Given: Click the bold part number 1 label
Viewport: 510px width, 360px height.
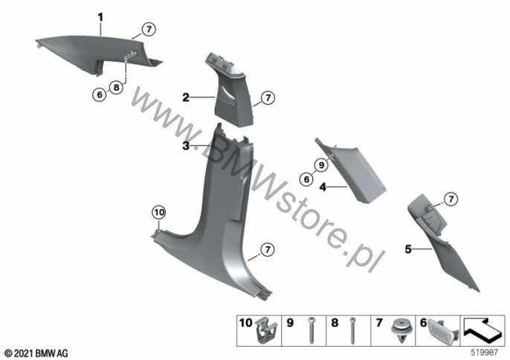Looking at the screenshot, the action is (x=100, y=17).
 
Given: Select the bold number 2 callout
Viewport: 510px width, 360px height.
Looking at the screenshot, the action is (x=186, y=97).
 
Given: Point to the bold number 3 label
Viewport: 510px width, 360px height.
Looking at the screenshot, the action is (x=186, y=146).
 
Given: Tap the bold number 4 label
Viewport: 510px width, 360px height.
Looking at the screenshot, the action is (x=323, y=187).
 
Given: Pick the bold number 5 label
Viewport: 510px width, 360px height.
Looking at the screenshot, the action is (x=408, y=249).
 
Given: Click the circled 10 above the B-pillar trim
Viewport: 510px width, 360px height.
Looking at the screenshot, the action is (x=159, y=213).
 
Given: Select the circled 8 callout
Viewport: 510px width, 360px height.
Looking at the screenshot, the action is (x=116, y=87).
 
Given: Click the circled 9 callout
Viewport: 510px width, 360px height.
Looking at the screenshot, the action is (x=321, y=165).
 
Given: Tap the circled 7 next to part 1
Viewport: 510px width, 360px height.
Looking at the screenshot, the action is (x=149, y=29).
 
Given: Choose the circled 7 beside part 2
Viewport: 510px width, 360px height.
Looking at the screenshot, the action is (x=268, y=97).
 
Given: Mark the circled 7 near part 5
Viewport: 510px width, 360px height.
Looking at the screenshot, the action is (x=451, y=199).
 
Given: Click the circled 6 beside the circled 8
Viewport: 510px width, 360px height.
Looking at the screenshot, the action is (x=99, y=94).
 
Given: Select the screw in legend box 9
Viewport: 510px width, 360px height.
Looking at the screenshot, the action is (x=311, y=330).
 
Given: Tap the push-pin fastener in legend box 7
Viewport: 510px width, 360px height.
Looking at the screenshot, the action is (x=401, y=330).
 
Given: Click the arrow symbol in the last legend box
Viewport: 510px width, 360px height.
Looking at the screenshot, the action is (x=482, y=329).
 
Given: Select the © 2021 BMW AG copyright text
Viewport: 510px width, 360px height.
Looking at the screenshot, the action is (x=36, y=353).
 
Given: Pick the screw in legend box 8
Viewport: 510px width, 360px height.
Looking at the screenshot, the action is (x=352, y=330).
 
